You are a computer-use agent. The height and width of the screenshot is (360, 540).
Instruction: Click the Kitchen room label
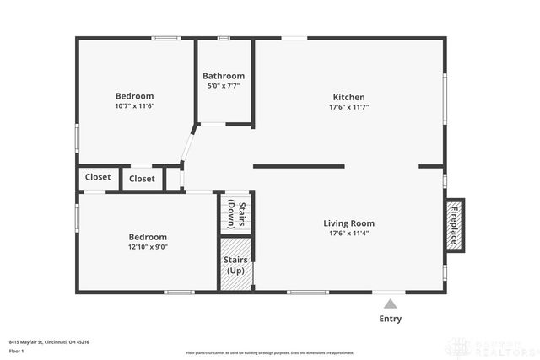pos(348,97)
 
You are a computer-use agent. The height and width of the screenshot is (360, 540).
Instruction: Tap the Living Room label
pos(348,223)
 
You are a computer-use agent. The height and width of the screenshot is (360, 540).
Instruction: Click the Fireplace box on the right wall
pos(455,224)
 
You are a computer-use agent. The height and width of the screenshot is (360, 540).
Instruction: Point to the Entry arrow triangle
pos(389,304)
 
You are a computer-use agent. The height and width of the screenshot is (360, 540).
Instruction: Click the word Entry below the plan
pos(390,319)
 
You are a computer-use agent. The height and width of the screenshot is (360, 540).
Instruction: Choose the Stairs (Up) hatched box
pos(235,265)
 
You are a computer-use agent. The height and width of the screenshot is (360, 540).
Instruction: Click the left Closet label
pos(98,177)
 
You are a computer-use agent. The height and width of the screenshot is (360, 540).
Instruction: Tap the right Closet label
pos(142,179)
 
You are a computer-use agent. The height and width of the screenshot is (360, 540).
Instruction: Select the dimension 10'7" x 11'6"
pos(135,106)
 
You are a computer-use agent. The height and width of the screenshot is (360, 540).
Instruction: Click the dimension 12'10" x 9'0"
pos(148,247)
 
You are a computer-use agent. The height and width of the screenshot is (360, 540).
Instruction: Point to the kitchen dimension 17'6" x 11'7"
pos(348,107)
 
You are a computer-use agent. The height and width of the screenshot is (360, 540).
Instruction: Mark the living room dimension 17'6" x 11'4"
pos(348,234)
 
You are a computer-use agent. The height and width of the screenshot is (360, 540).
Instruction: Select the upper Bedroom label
pos(135,96)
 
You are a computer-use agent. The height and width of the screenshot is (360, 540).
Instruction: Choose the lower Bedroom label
pos(148,237)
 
